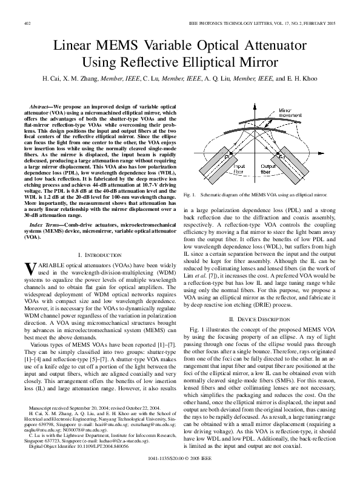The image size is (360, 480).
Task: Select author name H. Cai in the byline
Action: coord(51,79)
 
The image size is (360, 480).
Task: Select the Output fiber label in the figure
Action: coord(268,168)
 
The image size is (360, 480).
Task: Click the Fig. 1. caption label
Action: coord(188,196)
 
